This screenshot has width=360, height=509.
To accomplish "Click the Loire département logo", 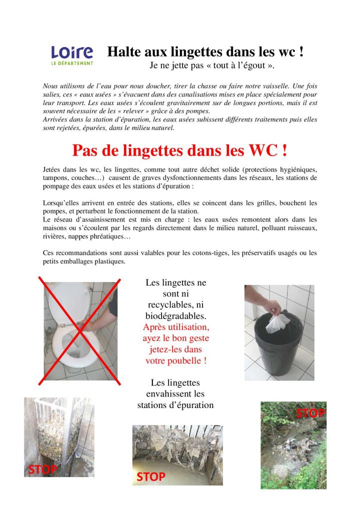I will [x=72, y=55].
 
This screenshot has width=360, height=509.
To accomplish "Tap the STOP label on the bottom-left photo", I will [x=42, y=469].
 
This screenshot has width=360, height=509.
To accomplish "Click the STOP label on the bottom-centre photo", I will [x=150, y=477].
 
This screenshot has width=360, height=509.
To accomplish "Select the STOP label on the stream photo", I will [x=310, y=413].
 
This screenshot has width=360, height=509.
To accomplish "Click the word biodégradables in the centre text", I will [x=175, y=316].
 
